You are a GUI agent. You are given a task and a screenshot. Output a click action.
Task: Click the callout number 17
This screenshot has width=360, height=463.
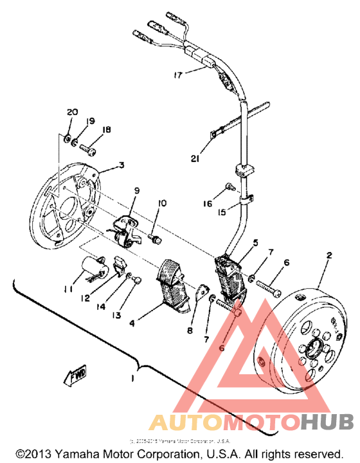point(178,75)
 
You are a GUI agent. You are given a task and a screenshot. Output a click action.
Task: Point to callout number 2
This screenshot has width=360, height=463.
point(328,255)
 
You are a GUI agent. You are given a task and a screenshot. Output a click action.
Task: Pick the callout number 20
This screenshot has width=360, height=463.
point(71,112)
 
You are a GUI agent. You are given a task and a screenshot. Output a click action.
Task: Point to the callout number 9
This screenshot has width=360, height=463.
point(136,191)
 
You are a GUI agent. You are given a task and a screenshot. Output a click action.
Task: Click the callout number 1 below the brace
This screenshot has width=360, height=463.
point(133,379)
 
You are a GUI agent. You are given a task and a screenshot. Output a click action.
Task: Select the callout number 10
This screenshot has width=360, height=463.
point(161,203)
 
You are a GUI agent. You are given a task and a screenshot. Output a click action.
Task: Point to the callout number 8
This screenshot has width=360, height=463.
point(189,331)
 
